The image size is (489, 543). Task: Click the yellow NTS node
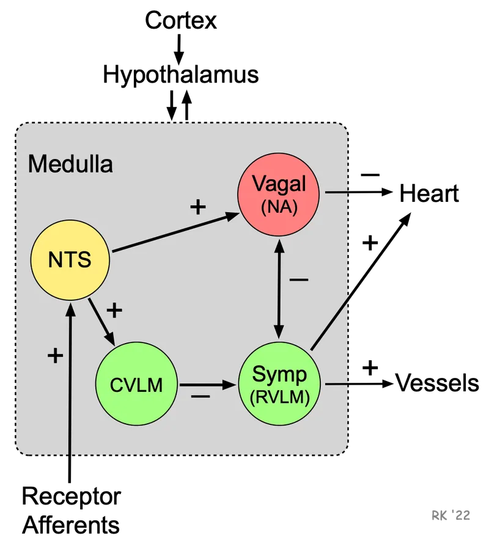pyautogui.click(x=70, y=260)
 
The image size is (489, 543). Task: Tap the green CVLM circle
pyautogui.click(x=136, y=385)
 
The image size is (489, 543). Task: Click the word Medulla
pyautogui.click(x=70, y=164)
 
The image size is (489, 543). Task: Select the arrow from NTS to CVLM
pyautogui.click(x=101, y=322)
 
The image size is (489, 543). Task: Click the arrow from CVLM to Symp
pyautogui.click(x=208, y=385)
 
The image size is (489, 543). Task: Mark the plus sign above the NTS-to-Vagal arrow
pyautogui.click(x=197, y=207)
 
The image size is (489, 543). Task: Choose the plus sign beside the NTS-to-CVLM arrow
pyautogui.click(x=114, y=310)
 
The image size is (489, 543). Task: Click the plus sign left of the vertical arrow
pyautogui.click(x=55, y=355)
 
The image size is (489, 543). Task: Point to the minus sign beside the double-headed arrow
pyautogui.click(x=299, y=280)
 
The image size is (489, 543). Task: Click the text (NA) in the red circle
pyautogui.click(x=279, y=207)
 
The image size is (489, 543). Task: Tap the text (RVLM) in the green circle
pyautogui.click(x=280, y=396)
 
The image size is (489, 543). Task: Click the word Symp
pyautogui.click(x=280, y=373)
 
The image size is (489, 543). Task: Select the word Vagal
pyautogui.click(x=279, y=184)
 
